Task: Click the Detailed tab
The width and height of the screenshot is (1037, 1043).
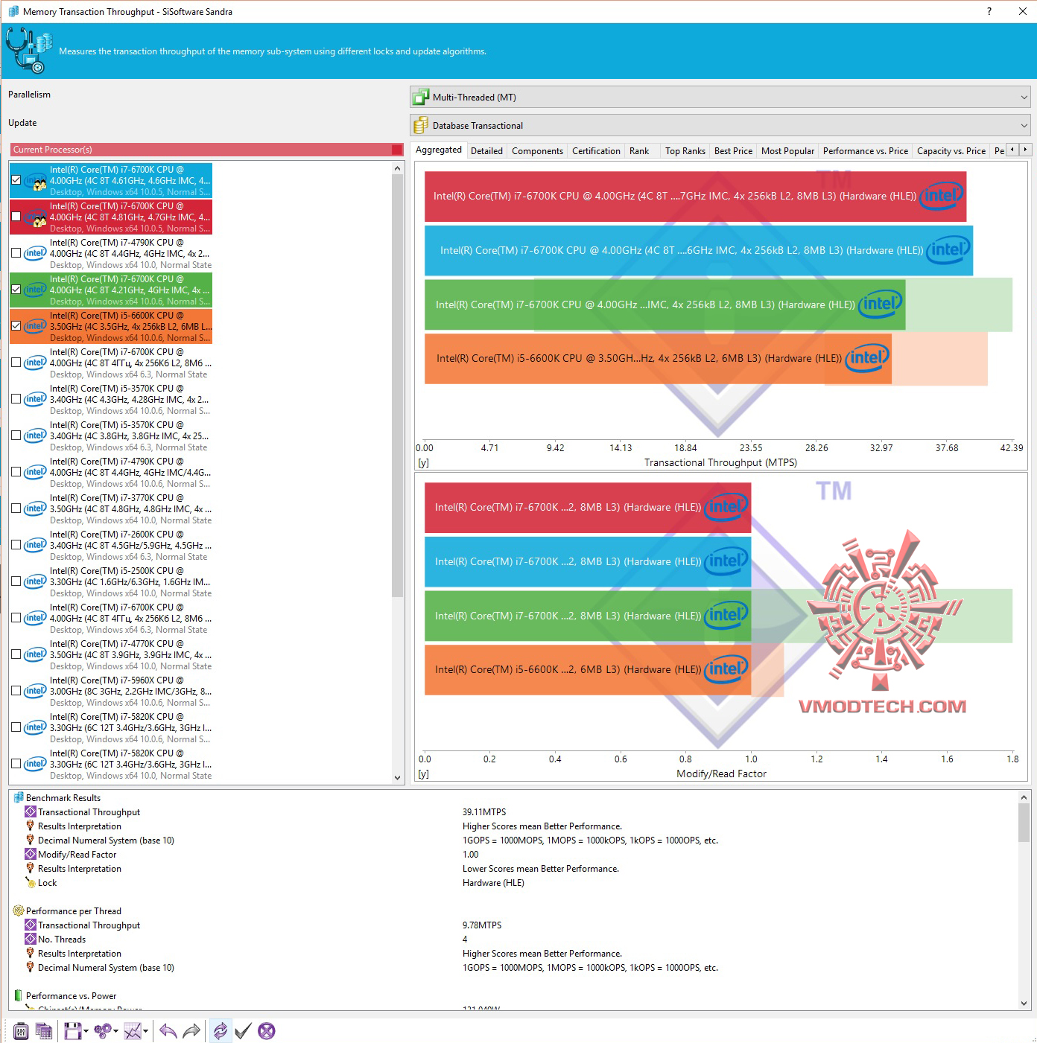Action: tap(486, 151)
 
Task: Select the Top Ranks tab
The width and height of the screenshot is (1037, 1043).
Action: tap(685, 151)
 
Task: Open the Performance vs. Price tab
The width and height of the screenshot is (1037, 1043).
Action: tap(865, 151)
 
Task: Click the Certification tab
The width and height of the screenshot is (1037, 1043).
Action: tap(596, 151)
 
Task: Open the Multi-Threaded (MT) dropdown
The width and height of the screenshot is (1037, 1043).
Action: tap(720, 98)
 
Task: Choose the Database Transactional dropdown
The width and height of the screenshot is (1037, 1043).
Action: tap(720, 126)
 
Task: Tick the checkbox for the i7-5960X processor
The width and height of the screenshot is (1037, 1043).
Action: tap(16, 691)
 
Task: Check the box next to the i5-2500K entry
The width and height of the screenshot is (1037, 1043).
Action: tap(16, 581)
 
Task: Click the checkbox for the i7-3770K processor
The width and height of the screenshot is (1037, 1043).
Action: tap(16, 508)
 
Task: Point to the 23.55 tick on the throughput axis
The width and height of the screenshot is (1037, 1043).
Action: tap(751, 448)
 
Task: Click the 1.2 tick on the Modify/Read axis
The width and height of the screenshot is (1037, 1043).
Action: tap(816, 759)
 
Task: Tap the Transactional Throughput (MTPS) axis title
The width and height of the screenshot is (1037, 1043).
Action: tap(720, 463)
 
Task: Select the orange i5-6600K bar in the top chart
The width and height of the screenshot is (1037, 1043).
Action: tap(656, 359)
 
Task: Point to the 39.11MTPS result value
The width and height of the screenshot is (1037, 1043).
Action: tap(484, 812)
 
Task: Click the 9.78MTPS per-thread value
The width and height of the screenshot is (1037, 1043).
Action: tap(482, 925)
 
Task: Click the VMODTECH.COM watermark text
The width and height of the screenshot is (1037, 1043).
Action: tap(882, 707)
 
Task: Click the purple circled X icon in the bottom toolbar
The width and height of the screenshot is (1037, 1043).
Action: tap(267, 1031)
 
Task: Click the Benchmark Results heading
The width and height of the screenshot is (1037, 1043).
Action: tap(63, 798)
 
